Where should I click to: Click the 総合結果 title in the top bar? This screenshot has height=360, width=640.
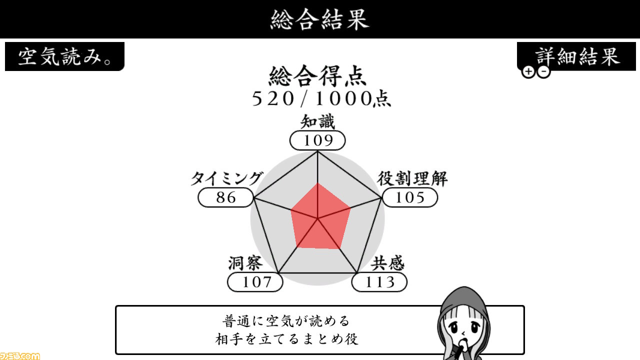pyautogui.click(x=319, y=19)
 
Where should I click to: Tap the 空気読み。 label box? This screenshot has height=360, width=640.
pyautogui.click(x=64, y=56)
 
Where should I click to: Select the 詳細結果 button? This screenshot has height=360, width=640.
pyautogui.click(x=576, y=56)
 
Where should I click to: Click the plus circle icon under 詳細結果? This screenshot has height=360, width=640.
pyautogui.click(x=528, y=71)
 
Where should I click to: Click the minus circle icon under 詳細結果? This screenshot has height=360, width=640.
pyautogui.click(x=543, y=71)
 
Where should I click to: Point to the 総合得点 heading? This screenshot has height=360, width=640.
pyautogui.click(x=317, y=76)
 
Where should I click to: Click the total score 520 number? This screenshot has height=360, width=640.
pyautogui.click(x=273, y=99)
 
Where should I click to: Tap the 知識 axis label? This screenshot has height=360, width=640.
pyautogui.click(x=317, y=121)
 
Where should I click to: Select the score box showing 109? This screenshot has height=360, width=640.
pyautogui.click(x=317, y=140)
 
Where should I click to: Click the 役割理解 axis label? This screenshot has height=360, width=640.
pyautogui.click(x=412, y=179)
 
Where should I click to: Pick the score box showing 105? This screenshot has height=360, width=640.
pyautogui.click(x=410, y=197)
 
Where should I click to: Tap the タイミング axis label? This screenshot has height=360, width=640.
pyautogui.click(x=227, y=179)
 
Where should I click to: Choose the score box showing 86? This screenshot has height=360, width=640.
pyautogui.click(x=225, y=197)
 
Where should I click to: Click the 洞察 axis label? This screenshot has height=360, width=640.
pyautogui.click(x=245, y=263)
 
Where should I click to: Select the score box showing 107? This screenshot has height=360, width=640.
pyautogui.click(x=255, y=282)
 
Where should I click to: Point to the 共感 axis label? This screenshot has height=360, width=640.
pyautogui.click(x=387, y=263)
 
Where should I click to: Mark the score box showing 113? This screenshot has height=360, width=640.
pyautogui.click(x=379, y=282)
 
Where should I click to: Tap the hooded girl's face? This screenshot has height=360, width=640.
pyautogui.click(x=463, y=328)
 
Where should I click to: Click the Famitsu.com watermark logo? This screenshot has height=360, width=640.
pyautogui.click(x=20, y=356)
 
